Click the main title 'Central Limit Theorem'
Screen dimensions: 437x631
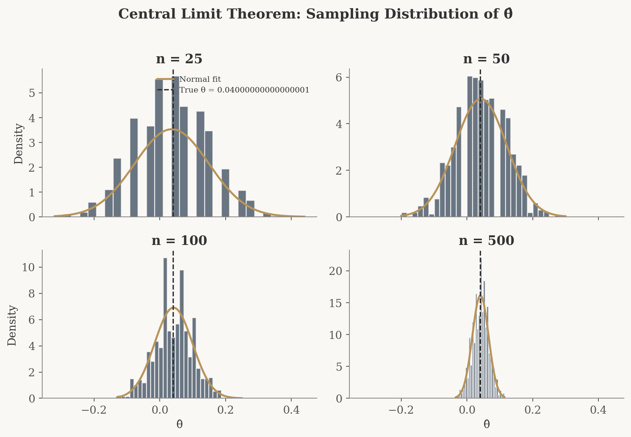click(x=315, y=14)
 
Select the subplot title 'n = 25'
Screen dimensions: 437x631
click(x=179, y=59)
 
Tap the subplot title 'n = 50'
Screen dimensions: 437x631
click(x=486, y=59)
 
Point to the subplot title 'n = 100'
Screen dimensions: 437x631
click(x=179, y=241)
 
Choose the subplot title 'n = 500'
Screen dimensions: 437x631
click(x=486, y=241)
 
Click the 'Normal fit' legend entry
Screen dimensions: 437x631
click(x=200, y=79)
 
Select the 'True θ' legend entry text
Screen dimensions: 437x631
click(x=244, y=90)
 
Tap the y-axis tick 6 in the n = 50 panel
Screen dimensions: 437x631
click(x=339, y=77)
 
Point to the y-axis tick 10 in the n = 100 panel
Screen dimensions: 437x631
click(x=29, y=268)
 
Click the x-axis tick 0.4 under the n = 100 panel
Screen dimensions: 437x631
click(x=291, y=410)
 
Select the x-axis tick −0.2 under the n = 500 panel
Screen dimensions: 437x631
click(x=401, y=410)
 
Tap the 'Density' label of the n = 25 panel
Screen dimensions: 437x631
click(x=19, y=143)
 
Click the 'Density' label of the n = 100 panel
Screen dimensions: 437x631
click(x=12, y=325)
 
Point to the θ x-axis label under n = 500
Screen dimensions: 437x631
click(x=486, y=424)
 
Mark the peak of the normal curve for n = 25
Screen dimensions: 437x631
click(x=172, y=129)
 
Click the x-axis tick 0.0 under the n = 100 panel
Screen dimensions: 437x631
click(x=160, y=410)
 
